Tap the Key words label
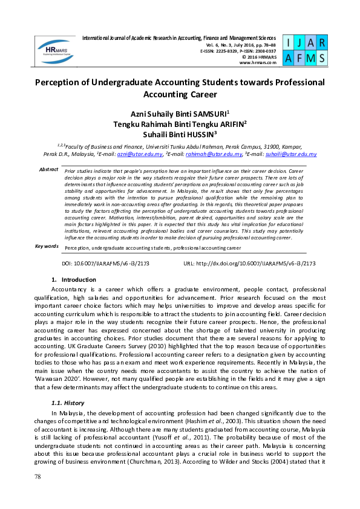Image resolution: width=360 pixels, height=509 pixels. pyautogui.click(x=47, y=246)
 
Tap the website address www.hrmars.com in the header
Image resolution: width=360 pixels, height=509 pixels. pyautogui.click(x=258, y=62)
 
